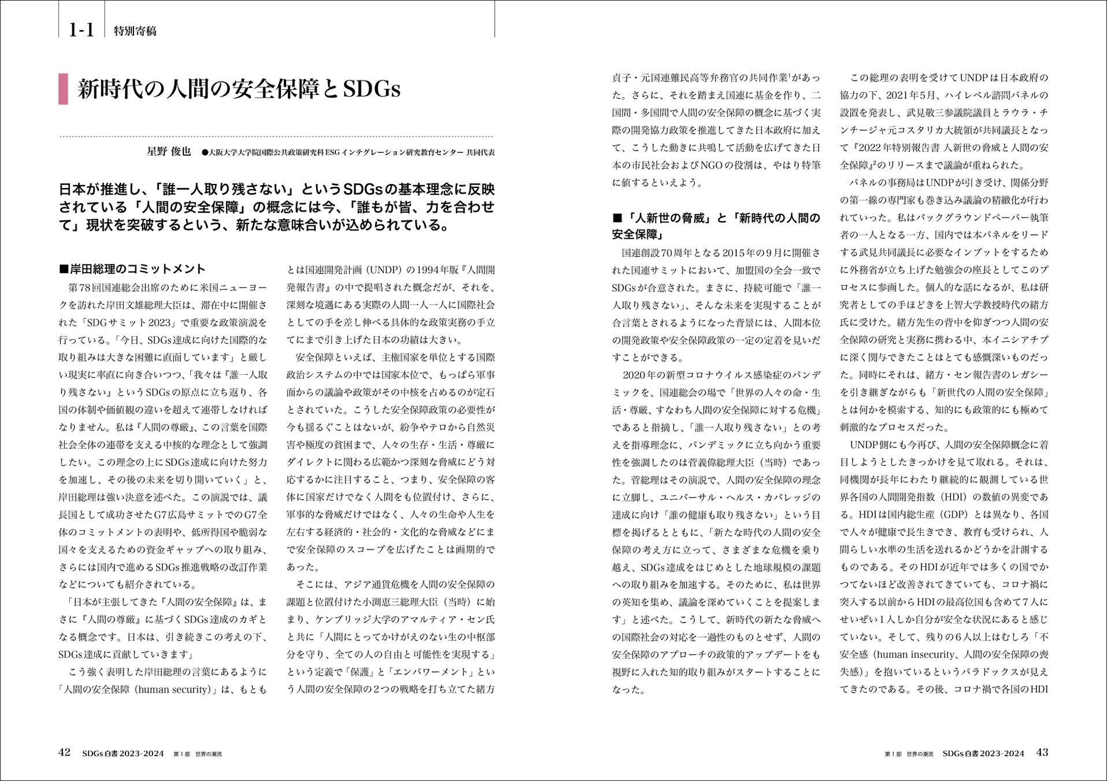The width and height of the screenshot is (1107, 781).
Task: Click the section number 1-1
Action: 82,30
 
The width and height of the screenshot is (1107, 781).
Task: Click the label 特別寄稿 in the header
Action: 135,31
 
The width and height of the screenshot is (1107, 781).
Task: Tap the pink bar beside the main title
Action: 63,89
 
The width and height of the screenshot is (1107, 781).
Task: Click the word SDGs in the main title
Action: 371,89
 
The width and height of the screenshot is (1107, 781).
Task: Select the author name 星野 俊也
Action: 169,152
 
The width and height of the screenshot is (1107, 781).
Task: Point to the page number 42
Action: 64,752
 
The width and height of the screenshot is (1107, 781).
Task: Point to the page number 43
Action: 1042,752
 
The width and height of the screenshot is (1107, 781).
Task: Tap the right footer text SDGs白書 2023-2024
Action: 983,753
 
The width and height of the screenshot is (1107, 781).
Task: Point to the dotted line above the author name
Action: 276,137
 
